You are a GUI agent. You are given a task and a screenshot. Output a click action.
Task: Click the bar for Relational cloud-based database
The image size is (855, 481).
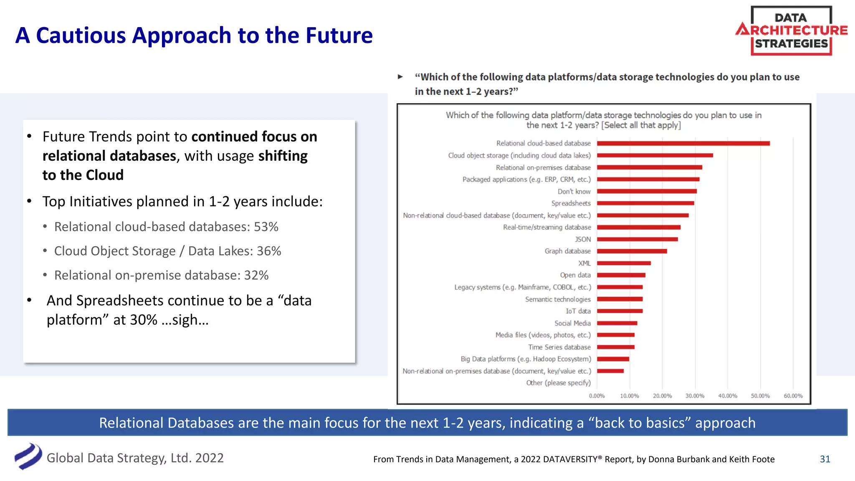click(x=683, y=143)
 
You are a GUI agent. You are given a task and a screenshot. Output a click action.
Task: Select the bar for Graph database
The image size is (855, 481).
click(x=632, y=251)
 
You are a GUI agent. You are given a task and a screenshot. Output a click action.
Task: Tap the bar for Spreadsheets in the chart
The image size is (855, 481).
click(x=645, y=203)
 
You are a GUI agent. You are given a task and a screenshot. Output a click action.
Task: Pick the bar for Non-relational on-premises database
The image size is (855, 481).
click(x=610, y=371)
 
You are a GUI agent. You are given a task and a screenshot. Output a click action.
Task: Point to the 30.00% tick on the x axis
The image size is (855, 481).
click(x=695, y=396)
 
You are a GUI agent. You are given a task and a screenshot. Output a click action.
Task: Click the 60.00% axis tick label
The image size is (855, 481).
click(x=793, y=396)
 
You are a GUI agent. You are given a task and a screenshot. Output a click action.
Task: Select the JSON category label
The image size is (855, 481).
click(x=583, y=239)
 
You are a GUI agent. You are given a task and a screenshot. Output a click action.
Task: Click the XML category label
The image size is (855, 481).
click(x=584, y=263)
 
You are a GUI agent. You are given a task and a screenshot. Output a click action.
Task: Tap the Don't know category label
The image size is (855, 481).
click(x=574, y=192)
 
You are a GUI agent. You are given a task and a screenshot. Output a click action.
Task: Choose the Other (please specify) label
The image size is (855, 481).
click(x=558, y=383)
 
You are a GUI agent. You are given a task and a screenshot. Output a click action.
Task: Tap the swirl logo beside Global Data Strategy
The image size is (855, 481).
click(x=28, y=456)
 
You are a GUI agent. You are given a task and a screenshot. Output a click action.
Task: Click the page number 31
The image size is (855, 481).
click(x=825, y=459)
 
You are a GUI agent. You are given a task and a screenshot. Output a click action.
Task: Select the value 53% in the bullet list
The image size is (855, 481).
click(x=266, y=227)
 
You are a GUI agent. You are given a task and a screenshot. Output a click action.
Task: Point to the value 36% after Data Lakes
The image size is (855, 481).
click(x=268, y=251)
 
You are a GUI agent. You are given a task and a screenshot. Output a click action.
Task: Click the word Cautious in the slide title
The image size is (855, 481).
click(x=81, y=35)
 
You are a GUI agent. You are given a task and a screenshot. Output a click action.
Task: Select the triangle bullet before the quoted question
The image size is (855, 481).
click(x=400, y=77)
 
